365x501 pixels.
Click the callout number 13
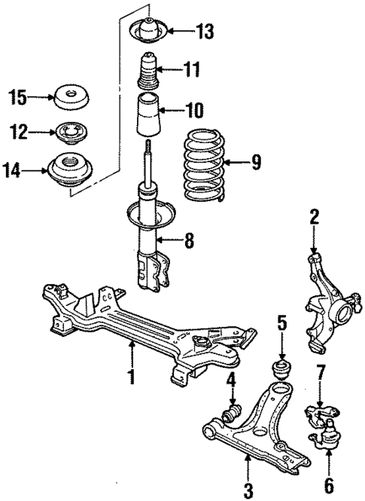tap(204, 32)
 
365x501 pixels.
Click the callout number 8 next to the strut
tap(190, 242)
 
